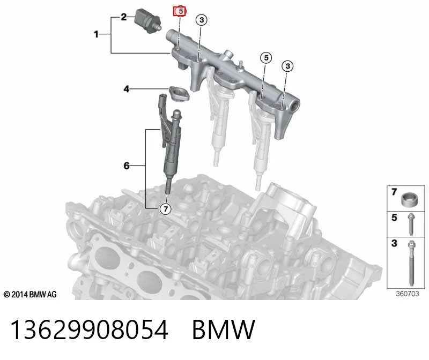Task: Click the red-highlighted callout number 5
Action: [x=180, y=11]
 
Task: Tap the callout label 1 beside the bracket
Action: [x=96, y=34]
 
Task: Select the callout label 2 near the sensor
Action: [x=124, y=17]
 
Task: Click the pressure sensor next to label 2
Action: [x=149, y=21]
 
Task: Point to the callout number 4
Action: [x=126, y=89]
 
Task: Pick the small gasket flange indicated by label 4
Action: [x=179, y=94]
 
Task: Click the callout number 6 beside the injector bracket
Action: [x=127, y=166]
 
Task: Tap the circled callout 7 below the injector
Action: [x=166, y=209]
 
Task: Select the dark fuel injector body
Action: [x=172, y=148]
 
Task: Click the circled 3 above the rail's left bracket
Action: [x=202, y=20]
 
